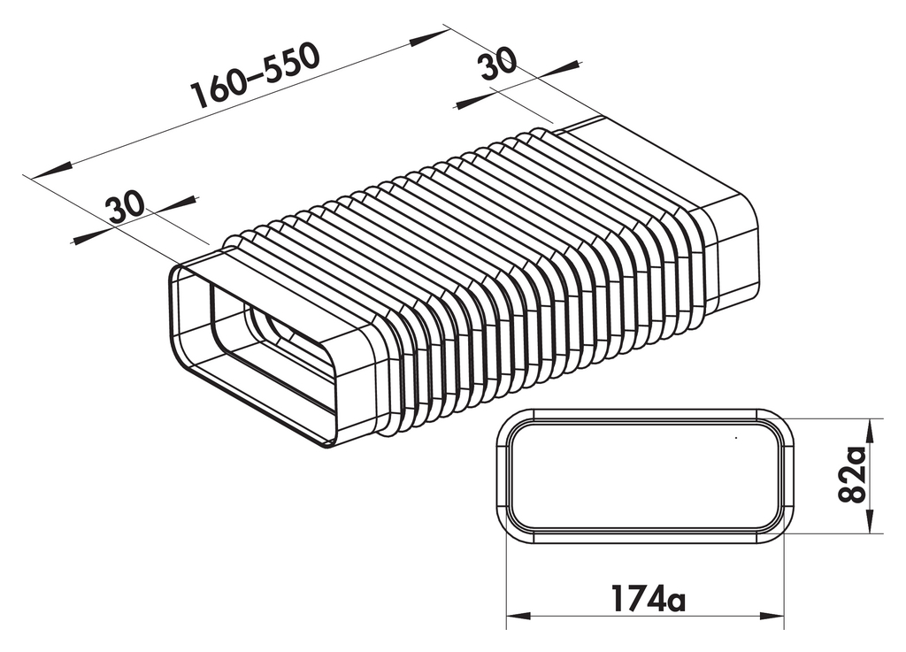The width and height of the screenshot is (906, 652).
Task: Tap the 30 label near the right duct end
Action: (498, 66)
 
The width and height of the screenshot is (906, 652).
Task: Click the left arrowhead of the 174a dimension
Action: (518, 617)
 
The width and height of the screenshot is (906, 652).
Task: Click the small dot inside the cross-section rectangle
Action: (736, 437)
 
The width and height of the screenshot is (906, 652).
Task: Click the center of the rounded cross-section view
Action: (644, 476)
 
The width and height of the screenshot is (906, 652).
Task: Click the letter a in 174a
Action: (674, 602)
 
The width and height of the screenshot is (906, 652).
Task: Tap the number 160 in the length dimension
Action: (213, 89)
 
